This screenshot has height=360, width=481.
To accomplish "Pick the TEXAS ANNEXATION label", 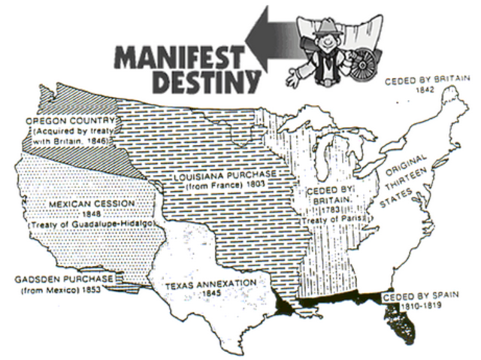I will click(x=210, y=283).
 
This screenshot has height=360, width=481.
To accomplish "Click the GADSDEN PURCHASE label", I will click(x=64, y=279).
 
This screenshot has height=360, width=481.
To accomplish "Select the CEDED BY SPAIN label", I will click(x=418, y=298).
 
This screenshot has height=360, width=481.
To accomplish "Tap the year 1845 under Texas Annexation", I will click(x=210, y=294).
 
